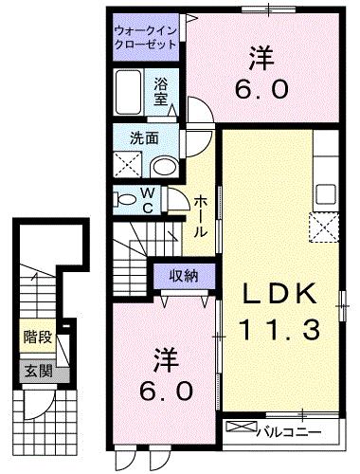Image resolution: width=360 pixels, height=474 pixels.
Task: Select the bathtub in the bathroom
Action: pos(131,93)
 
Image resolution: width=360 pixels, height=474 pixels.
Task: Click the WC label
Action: pos(148,199)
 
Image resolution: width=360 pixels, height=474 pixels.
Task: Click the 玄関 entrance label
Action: pos(37,371)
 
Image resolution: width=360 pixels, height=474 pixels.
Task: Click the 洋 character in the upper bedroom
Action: pos(261,58)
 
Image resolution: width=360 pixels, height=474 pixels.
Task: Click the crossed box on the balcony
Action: pos(243,429)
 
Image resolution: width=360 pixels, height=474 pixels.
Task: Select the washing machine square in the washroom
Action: pos(129,166)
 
